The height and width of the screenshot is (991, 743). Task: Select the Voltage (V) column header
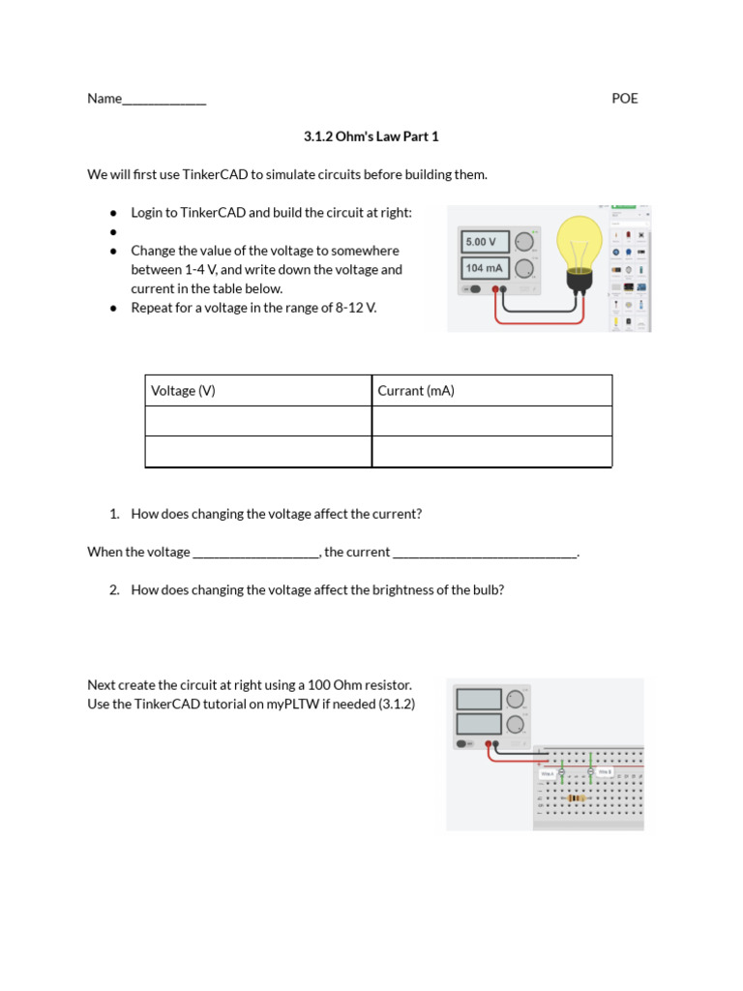click(183, 391)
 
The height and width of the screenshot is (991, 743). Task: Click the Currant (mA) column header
click(416, 391)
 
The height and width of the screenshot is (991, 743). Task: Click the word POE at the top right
click(625, 99)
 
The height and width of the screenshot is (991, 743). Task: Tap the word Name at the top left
click(104, 99)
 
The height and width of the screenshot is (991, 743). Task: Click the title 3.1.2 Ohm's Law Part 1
click(371, 136)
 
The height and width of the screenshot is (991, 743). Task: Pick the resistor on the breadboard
click(577, 797)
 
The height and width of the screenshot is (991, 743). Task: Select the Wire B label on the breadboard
click(605, 772)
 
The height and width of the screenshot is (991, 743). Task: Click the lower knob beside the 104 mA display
click(523, 268)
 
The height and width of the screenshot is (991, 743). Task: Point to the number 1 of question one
click(114, 514)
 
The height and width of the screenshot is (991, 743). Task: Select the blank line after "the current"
click(485, 553)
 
